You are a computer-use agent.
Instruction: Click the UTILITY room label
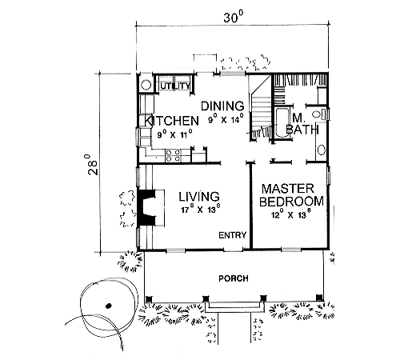(x=176, y=86)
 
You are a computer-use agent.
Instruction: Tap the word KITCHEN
(x=171, y=121)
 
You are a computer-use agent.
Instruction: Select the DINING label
(x=222, y=106)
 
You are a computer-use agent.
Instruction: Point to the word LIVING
(x=199, y=197)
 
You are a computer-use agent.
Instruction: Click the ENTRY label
(x=233, y=235)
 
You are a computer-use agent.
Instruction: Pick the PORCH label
(x=234, y=278)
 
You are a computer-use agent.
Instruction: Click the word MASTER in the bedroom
(x=288, y=189)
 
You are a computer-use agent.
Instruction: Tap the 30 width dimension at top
(x=234, y=18)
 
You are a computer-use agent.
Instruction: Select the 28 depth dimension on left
(x=92, y=164)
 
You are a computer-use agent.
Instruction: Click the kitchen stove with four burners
(x=173, y=155)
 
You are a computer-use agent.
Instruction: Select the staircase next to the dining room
(x=261, y=108)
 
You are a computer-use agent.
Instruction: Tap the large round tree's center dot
(x=108, y=306)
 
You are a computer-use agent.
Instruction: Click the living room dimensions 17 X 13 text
(x=201, y=209)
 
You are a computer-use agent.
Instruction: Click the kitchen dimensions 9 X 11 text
(x=174, y=134)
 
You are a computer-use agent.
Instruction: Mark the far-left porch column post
(x=149, y=298)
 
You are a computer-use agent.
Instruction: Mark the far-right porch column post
(x=318, y=298)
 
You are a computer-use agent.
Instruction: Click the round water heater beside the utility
(x=146, y=86)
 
